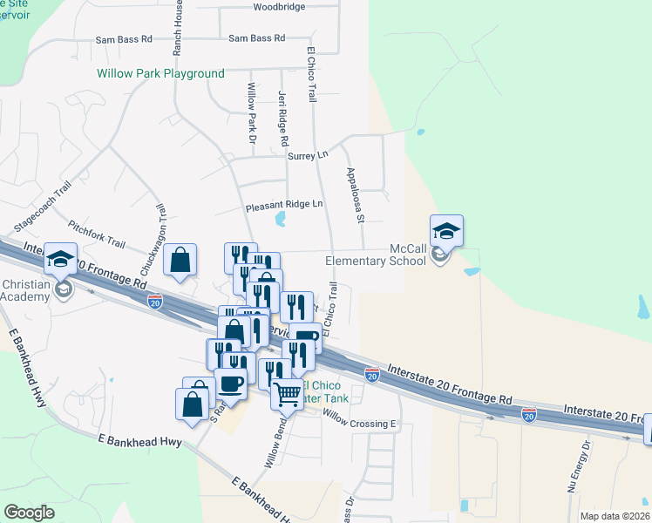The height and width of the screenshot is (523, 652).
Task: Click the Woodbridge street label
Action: tap(279, 7)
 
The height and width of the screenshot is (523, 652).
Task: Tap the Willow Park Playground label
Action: tap(160, 74)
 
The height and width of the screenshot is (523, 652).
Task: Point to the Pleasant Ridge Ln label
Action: tap(284, 205)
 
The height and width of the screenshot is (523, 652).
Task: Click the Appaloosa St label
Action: tap(354, 195)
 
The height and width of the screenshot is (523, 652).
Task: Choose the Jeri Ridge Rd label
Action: tap(282, 119)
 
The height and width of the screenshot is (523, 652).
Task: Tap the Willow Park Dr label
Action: tap(253, 113)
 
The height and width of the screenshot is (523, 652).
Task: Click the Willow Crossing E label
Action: tap(359, 424)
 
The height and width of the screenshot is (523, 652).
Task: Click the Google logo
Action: tap(30, 513)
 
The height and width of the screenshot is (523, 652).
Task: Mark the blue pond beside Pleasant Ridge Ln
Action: tap(280, 219)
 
